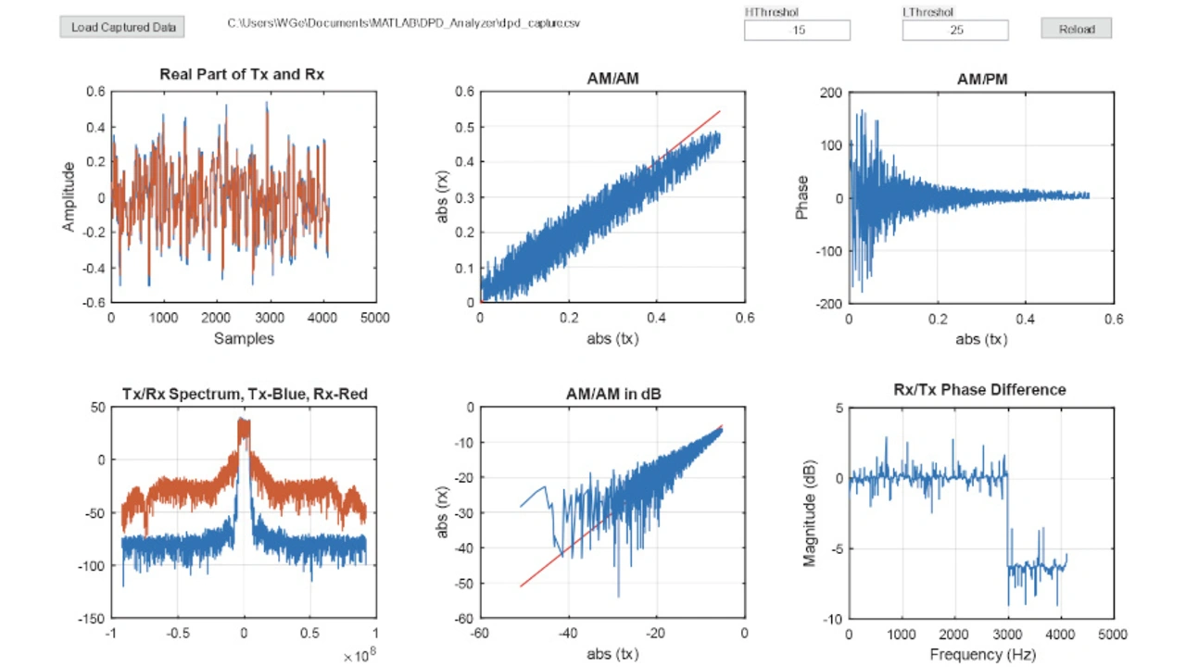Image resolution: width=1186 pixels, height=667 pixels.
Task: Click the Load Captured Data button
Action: point(122,27)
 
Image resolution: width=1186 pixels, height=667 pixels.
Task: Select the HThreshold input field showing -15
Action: point(797,31)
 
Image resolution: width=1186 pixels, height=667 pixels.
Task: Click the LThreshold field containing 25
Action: point(955,31)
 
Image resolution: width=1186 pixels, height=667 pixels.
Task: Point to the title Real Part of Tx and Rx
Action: point(242,74)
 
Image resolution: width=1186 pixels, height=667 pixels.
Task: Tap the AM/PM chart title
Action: point(981,80)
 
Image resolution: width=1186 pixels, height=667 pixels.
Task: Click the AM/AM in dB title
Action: point(612,394)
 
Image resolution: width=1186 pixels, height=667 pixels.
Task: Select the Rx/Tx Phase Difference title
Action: point(979,390)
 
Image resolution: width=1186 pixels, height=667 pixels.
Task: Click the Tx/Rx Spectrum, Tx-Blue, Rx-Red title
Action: point(245,394)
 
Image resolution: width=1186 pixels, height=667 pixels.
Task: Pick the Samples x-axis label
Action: point(244,339)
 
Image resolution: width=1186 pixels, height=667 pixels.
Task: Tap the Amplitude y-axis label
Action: point(69,196)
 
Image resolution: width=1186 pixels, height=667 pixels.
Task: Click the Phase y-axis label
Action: point(802,197)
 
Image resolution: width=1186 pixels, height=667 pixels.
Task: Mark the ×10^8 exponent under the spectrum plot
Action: point(360,655)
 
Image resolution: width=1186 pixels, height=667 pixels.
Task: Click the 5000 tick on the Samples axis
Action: point(374,318)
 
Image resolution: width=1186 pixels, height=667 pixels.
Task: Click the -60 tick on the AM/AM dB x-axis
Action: point(480,634)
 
